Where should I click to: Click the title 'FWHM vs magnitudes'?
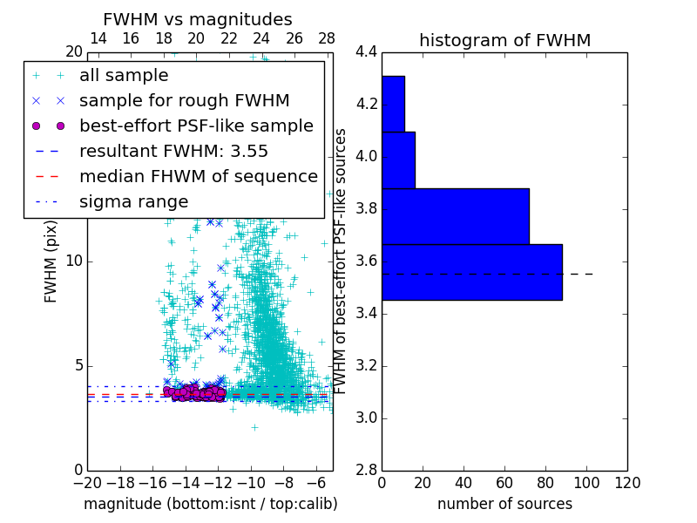(198, 19)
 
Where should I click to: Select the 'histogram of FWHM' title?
(504, 40)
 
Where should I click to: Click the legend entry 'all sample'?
(124, 76)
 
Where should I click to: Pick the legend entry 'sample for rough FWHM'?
(184, 100)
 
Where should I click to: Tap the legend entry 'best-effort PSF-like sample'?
(196, 126)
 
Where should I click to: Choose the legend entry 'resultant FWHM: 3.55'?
(173, 151)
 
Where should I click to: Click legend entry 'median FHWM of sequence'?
(198, 176)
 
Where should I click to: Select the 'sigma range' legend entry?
(133, 201)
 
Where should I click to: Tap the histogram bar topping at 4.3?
(393, 104)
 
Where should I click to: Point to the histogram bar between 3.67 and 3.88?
(455, 216)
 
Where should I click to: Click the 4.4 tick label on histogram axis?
(366, 52)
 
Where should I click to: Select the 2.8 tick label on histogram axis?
(366, 470)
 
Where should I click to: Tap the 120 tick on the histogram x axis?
(626, 483)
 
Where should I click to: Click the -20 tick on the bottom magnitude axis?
(87, 483)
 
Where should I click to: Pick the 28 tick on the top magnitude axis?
(327, 38)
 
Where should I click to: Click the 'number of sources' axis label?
(504, 504)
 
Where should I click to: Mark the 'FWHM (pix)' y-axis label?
(51, 261)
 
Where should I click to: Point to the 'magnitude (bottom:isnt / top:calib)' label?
(210, 504)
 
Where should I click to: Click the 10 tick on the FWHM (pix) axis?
(73, 261)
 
